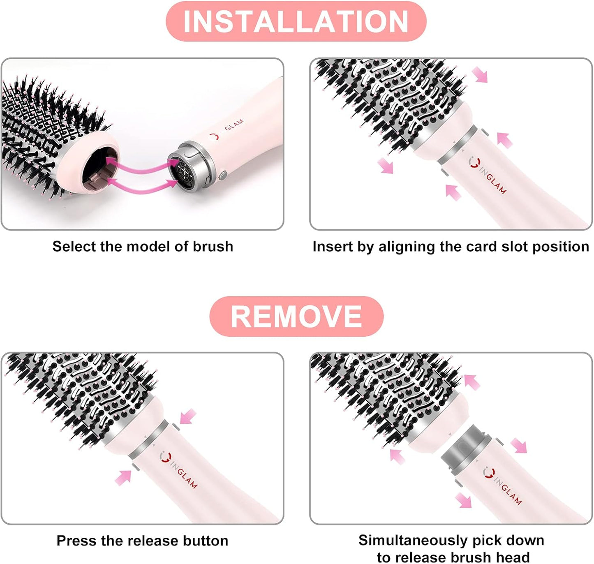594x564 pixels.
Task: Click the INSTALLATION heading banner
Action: (296, 21)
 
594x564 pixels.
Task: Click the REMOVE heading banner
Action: (296, 316)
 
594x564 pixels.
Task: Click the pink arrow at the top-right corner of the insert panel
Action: (480, 75)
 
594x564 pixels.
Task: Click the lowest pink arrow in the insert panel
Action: (453, 192)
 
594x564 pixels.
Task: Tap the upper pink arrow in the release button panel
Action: (188, 416)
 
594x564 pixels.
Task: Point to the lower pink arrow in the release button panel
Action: (123, 477)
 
